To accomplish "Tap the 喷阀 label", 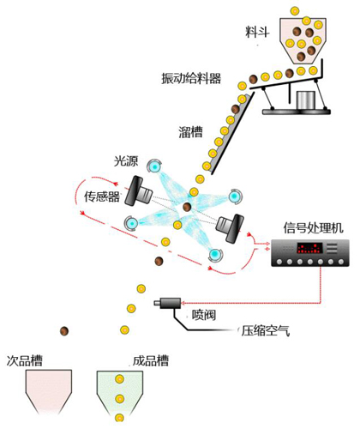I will click(x=202, y=314).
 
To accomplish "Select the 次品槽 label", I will click(x=26, y=360).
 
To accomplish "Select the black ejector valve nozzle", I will click(x=166, y=303).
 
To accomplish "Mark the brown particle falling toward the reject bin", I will click(x=64, y=332).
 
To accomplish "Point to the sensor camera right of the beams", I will click(x=228, y=225).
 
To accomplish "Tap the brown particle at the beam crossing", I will click(x=187, y=207).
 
